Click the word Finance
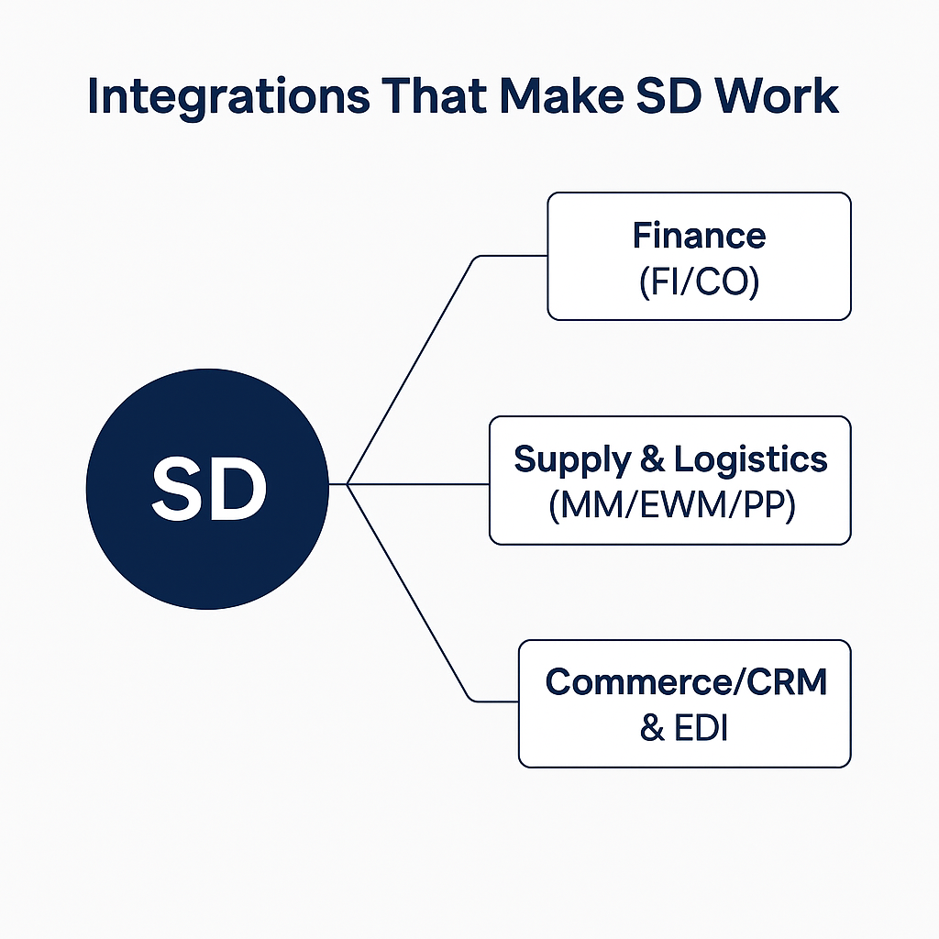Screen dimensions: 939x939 click(x=699, y=236)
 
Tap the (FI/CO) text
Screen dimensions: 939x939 click(x=699, y=282)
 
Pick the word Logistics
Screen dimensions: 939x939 click(x=750, y=459)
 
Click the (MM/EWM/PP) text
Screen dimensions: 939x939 click(x=670, y=505)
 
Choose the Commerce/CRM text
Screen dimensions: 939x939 click(x=686, y=682)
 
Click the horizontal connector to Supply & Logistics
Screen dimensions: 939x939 click(x=418, y=483)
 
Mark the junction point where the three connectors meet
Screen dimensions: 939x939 click(x=348, y=483)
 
